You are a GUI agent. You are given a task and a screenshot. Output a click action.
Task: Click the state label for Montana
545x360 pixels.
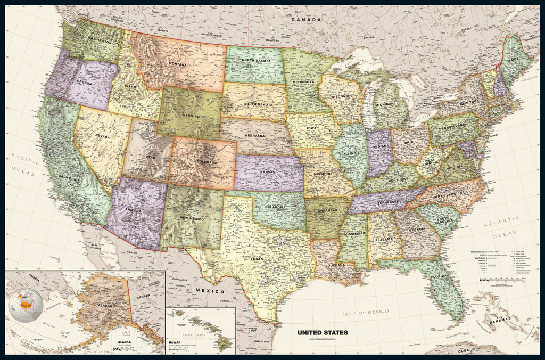(177, 64)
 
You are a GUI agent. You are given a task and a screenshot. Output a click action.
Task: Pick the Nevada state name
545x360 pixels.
(102, 136)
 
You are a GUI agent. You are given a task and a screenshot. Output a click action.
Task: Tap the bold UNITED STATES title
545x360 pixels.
(323, 332)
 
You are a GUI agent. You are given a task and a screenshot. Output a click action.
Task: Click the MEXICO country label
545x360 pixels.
(209, 291)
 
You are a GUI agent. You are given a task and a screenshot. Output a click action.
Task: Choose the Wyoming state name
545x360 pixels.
(190, 116)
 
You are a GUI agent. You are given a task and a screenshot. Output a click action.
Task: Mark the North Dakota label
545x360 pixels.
(253, 60)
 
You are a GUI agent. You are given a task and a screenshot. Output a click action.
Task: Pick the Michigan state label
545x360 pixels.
(384, 104)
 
